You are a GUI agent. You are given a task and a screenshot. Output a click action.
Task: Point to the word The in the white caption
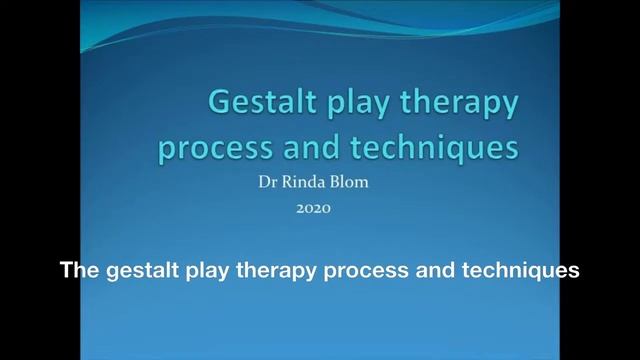coord(79,270)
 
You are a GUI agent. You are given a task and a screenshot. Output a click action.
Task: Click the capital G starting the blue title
coord(220,103)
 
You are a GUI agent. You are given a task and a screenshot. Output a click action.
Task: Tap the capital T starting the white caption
coord(67,270)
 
